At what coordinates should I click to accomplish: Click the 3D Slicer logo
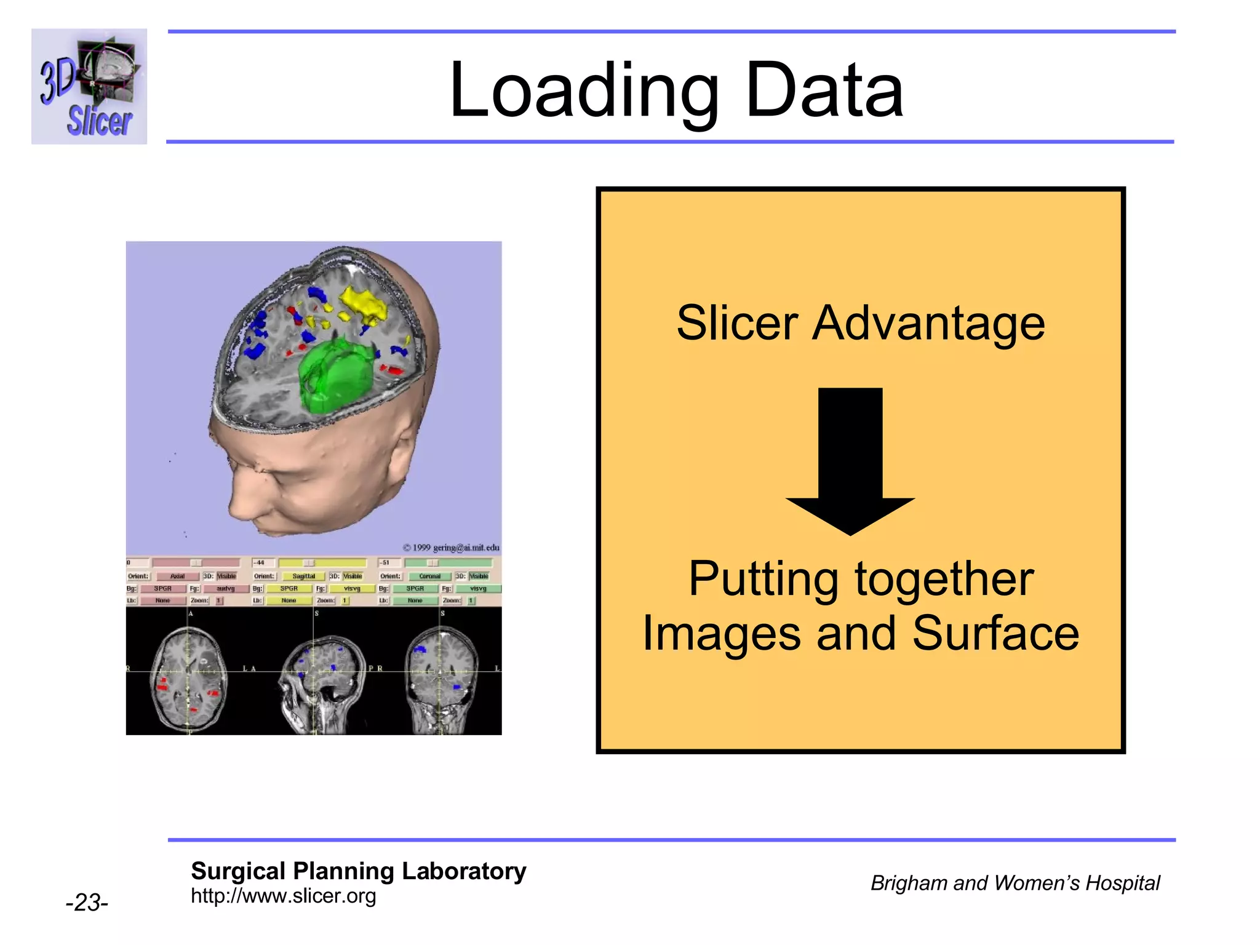pyautogui.click(x=89, y=86)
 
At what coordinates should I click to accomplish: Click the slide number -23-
pyautogui.click(x=87, y=903)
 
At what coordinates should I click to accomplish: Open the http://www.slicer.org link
pyautogui.click(x=283, y=896)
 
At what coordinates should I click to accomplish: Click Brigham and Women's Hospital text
pyautogui.click(x=1015, y=883)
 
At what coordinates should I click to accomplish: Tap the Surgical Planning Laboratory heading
pyautogui.click(x=358, y=871)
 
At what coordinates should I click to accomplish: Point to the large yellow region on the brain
pyautogui.click(x=364, y=304)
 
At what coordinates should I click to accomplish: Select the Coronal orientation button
pyautogui.click(x=429, y=576)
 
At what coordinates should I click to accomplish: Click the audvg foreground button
pyautogui.click(x=225, y=589)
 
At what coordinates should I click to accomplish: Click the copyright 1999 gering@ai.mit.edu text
pyautogui.click(x=451, y=548)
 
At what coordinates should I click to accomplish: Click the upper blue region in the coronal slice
pyautogui.click(x=420, y=649)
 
